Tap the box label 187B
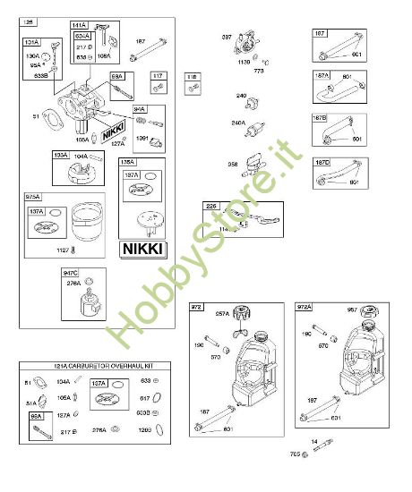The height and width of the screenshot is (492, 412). (320, 117)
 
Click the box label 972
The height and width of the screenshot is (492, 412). (197, 307)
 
